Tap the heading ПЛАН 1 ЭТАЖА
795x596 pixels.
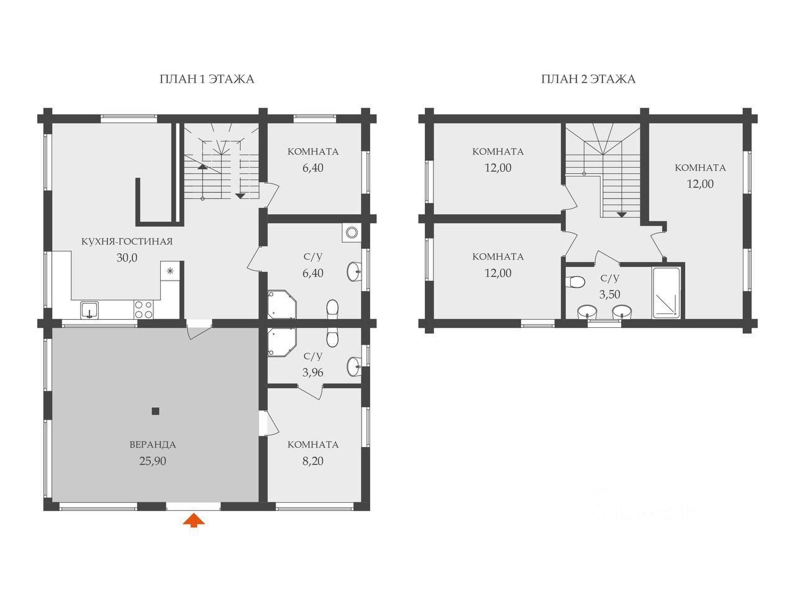click(x=206, y=79)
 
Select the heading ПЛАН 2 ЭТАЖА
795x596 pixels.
click(x=588, y=79)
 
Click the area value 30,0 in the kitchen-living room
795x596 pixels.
click(x=127, y=258)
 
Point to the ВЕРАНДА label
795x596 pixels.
click(x=153, y=445)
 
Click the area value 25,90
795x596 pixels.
click(x=153, y=461)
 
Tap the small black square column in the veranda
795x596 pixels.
click(x=155, y=411)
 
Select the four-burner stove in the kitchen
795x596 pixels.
click(x=143, y=309)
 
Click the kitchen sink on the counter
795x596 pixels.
click(x=89, y=310)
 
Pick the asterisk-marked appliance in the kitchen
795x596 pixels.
click(x=170, y=271)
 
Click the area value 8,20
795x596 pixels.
click(x=313, y=461)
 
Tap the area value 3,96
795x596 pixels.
click(x=313, y=372)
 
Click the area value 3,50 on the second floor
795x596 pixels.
click(x=610, y=294)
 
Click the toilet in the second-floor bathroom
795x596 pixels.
click(x=575, y=281)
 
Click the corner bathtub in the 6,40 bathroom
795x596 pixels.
click(x=282, y=304)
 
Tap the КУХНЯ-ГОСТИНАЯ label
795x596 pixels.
click(x=127, y=242)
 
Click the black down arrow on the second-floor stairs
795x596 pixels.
click(x=622, y=215)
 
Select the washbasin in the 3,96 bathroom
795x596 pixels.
click(x=354, y=366)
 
